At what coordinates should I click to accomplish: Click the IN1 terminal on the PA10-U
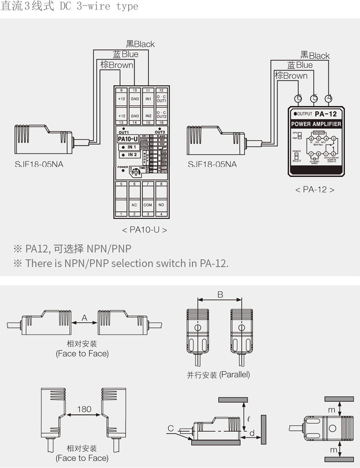[x=148, y=99]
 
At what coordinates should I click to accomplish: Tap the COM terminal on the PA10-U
[x=148, y=205]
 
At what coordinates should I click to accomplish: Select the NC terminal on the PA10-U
[x=134, y=205]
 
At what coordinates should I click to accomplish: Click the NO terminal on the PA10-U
[x=161, y=205]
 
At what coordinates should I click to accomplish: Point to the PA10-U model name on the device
[x=128, y=139]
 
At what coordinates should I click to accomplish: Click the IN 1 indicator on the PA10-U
[x=129, y=147]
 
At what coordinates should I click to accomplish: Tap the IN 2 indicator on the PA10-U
[x=129, y=155]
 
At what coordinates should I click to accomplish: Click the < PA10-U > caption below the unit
[x=144, y=230]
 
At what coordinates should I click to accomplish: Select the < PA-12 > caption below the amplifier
[x=315, y=190]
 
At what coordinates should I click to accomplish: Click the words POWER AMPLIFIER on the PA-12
[x=316, y=124]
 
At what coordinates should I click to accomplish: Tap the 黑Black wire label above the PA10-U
[x=140, y=44]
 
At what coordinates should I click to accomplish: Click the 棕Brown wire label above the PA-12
[x=291, y=76]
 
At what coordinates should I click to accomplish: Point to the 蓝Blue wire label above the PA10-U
[x=126, y=54]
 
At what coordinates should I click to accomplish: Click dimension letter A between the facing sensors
[x=85, y=318]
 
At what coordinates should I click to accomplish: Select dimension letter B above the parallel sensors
[x=220, y=295]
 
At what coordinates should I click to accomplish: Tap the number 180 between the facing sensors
[x=84, y=409]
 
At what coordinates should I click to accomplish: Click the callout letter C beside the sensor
[x=171, y=428]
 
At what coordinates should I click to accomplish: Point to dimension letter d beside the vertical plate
[x=252, y=433]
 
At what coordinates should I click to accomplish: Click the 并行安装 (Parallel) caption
[x=218, y=375]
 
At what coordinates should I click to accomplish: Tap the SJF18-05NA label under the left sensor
[x=39, y=165]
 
